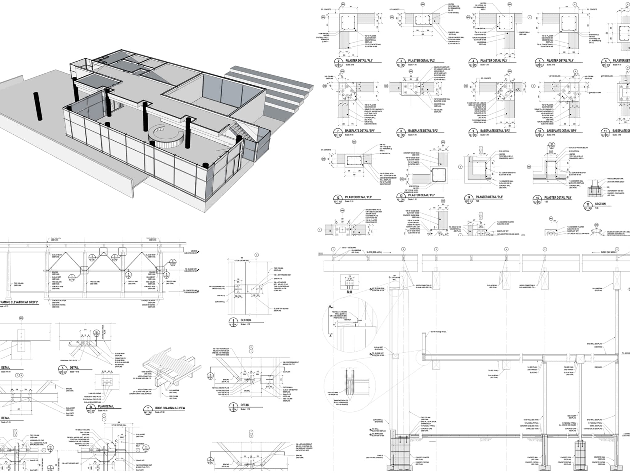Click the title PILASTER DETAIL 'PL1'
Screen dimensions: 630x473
coord(359,61)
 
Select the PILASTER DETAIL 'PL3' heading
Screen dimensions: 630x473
coord(493,61)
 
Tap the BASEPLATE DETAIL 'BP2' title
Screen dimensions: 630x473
coord(423,131)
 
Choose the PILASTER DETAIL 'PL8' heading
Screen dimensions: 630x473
coord(489,197)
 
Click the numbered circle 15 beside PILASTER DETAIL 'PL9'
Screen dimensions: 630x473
coord(537,198)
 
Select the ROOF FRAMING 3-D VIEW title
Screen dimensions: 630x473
coord(170,408)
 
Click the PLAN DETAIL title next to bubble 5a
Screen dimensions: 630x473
coord(106,406)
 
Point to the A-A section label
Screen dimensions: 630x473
coord(349,292)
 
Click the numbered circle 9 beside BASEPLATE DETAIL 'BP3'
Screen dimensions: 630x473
coord(473,131)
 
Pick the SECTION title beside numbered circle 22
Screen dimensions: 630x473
coord(600,204)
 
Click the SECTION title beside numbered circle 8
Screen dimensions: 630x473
coord(246,320)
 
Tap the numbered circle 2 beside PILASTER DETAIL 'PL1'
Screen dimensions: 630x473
coord(338,61)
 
